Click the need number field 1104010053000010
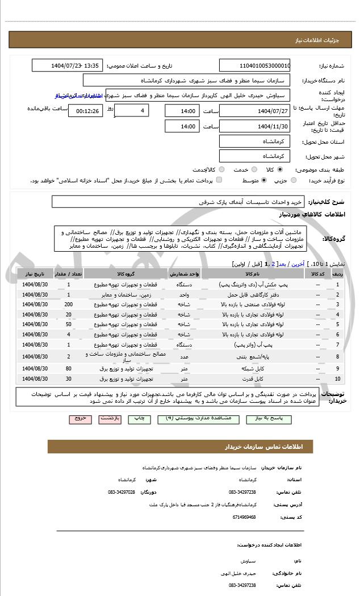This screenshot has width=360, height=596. coord(255,65)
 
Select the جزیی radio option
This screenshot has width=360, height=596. coord(293,181)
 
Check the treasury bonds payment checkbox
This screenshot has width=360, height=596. coord(219,181)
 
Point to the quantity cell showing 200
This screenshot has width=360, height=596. coord(69,305)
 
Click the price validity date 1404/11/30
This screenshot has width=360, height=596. coord(255,126)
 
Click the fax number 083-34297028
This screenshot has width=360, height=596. coord(122,492)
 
